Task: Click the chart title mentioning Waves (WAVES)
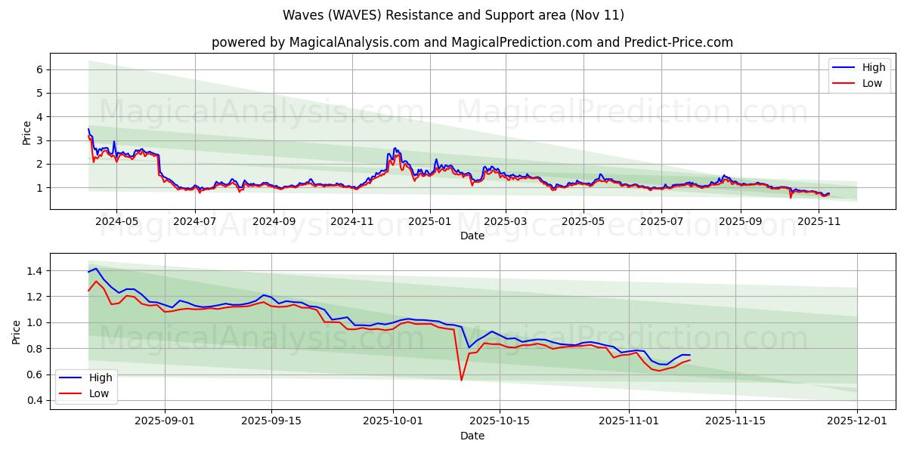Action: (x=453, y=15)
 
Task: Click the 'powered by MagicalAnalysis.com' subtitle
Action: (x=472, y=42)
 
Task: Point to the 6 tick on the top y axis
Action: (x=38, y=69)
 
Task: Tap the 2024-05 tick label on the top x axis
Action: (x=116, y=221)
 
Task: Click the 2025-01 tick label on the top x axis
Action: (x=430, y=221)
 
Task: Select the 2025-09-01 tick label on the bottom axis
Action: (x=165, y=421)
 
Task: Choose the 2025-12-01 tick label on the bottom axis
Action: (x=857, y=421)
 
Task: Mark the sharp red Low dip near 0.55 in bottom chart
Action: (x=461, y=379)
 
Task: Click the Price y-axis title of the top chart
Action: (x=27, y=133)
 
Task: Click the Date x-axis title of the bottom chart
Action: (x=472, y=436)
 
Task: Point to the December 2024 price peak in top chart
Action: (x=395, y=149)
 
